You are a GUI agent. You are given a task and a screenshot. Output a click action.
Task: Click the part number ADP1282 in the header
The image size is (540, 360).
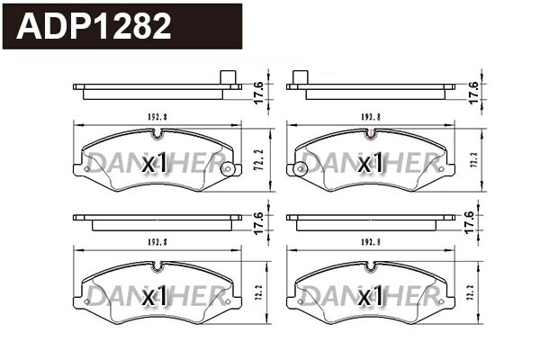(94, 26)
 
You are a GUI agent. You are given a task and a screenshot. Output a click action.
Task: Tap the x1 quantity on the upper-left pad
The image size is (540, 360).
(156, 163)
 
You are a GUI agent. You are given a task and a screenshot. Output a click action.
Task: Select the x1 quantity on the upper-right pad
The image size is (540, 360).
(370, 163)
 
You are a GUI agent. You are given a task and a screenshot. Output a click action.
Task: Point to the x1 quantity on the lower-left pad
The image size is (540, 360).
(156, 295)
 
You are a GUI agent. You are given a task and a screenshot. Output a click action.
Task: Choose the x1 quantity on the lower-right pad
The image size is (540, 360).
(370, 295)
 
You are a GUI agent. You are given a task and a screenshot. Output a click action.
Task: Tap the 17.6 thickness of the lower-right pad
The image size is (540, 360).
(469, 222)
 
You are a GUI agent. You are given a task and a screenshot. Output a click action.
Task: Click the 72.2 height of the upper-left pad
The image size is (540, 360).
(257, 160)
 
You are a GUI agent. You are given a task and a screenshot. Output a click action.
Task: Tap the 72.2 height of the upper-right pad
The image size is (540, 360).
(473, 160)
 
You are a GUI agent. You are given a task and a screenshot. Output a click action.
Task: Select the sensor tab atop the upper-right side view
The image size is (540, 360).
(301, 78)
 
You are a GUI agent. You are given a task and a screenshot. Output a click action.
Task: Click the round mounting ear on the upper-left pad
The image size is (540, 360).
(227, 168)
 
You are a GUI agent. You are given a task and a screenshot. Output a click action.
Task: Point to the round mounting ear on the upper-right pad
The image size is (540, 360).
(296, 168)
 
